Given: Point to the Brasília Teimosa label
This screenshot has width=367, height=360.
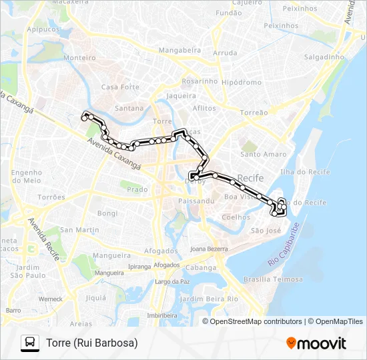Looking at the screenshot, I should pyautogui.click(x=274, y=279).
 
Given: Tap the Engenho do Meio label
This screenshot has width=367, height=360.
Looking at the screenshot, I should pyautogui.click(x=27, y=176).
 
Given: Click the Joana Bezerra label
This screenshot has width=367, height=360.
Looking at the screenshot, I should pyautogui.click(x=209, y=248).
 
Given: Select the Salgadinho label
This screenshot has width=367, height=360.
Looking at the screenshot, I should pyautogui.click(x=324, y=57).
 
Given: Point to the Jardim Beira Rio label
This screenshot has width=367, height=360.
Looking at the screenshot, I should pyautogui.click(x=210, y=299).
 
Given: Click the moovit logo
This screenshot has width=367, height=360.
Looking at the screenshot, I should pyautogui.click(x=316, y=343).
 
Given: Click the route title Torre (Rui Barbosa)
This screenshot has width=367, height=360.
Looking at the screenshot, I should pyautogui.click(x=92, y=343).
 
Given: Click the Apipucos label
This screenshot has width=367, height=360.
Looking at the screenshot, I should pyautogui.click(x=43, y=29).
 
